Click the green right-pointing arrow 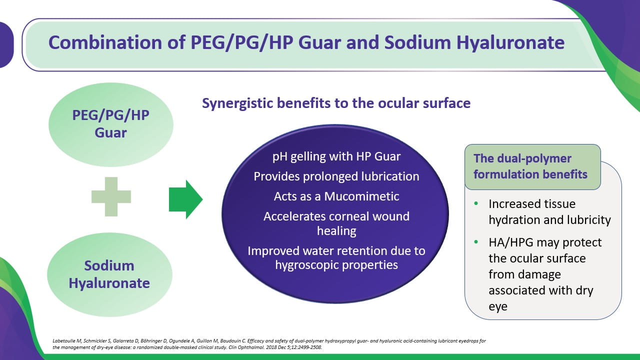185,199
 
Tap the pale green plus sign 111,197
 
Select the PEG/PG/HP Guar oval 111,124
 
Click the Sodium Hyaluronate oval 109,274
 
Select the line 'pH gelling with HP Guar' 336,156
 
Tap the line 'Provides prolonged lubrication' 336,176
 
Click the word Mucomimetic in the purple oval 361,196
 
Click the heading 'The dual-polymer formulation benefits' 530,166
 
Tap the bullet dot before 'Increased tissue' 476,203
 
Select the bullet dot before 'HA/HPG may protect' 476,242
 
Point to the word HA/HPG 511,242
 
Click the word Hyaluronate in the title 510,43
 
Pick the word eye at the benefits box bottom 498,307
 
